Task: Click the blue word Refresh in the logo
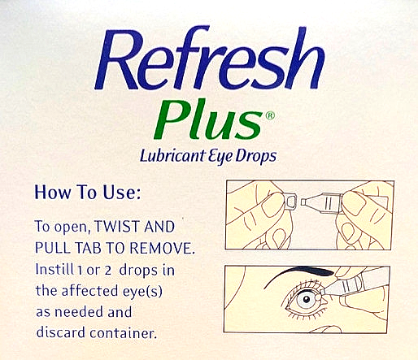click(209, 59)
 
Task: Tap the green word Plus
click(207, 119)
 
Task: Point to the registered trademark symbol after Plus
click(270, 116)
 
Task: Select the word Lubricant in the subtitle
click(172, 157)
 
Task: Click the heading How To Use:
click(88, 193)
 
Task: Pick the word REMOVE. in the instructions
click(162, 248)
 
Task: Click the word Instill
click(54, 270)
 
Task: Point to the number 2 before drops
click(107, 271)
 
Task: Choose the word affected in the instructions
click(90, 291)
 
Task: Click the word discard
click(60, 332)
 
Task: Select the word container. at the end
click(124, 333)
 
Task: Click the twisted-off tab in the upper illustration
click(290, 202)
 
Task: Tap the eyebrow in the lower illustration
click(299, 274)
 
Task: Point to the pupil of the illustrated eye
click(307, 300)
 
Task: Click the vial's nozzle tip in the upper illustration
click(303, 202)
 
